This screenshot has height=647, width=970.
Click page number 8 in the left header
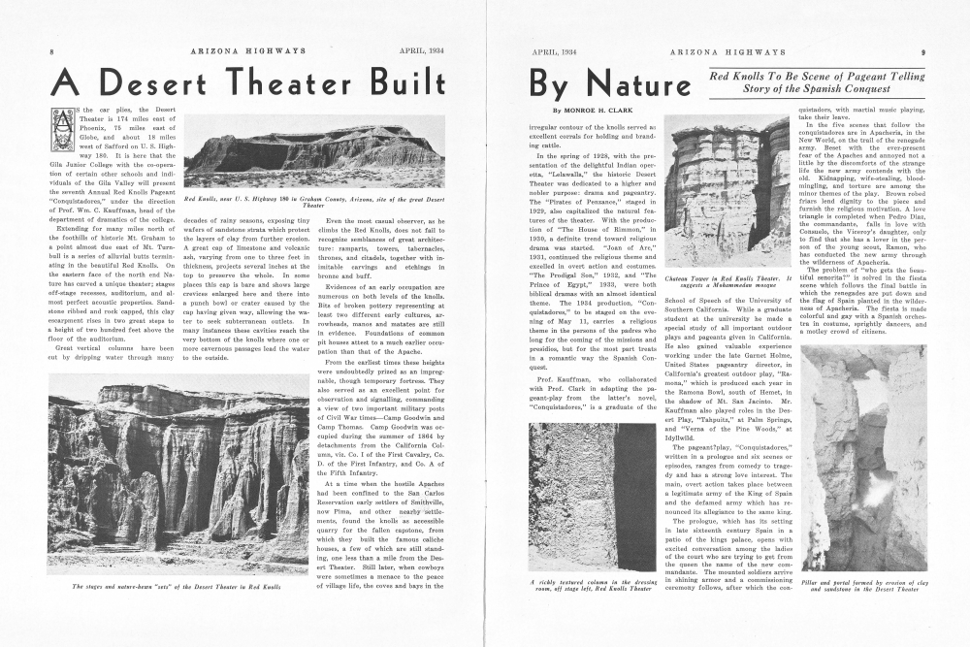click(51, 49)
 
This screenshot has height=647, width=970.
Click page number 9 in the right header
click(922, 49)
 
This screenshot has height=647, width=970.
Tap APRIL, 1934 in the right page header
click(554, 49)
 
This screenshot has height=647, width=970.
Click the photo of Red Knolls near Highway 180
click(313, 152)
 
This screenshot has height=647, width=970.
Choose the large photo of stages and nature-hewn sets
click(178, 474)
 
